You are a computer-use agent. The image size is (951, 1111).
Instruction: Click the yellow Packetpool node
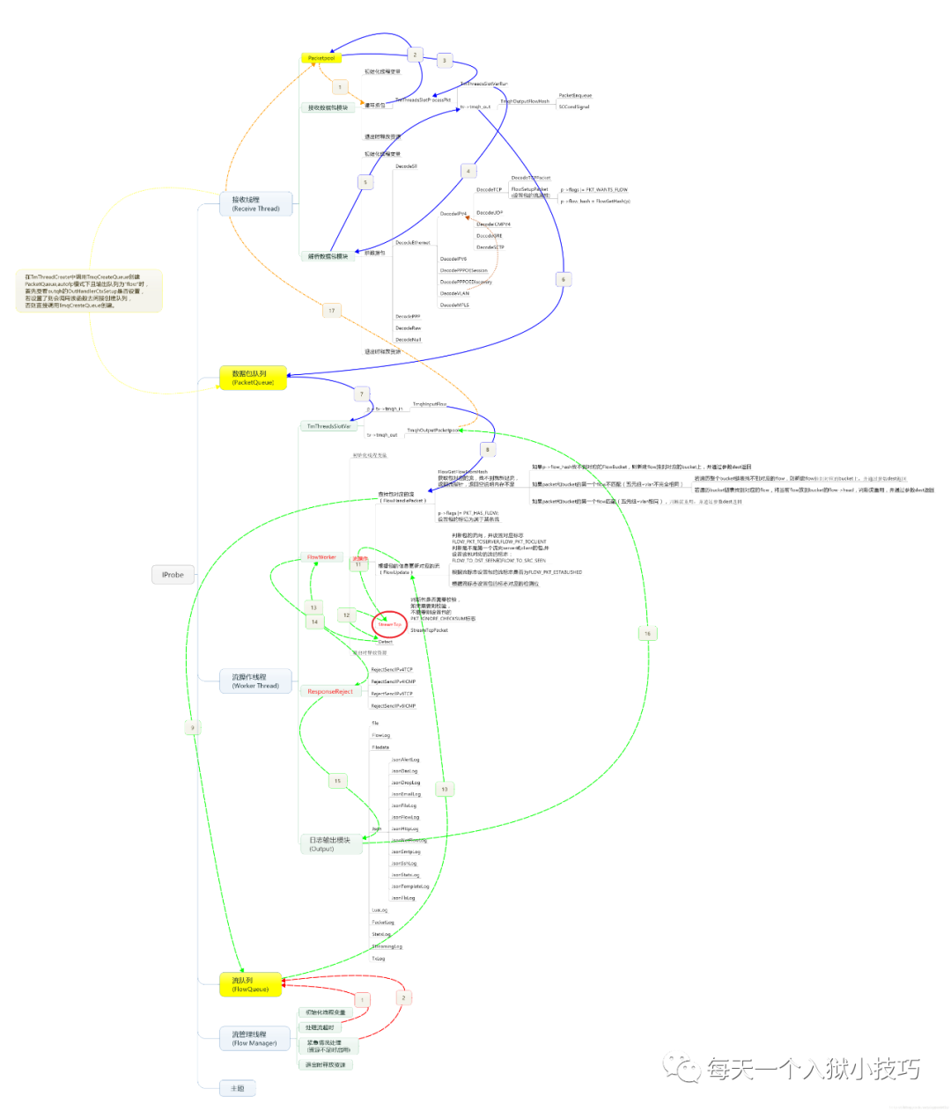click(321, 58)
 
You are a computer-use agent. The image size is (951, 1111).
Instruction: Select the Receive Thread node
click(255, 204)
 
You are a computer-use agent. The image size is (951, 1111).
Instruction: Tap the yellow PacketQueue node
click(253, 378)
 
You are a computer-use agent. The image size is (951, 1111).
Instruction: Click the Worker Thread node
click(255, 681)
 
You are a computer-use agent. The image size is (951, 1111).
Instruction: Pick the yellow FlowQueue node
click(250, 984)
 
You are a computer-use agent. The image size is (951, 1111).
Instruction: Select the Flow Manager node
click(254, 1038)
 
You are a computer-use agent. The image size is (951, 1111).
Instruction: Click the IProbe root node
click(173, 575)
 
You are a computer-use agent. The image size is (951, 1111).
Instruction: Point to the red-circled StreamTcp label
click(389, 624)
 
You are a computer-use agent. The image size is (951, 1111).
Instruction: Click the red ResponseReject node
click(329, 691)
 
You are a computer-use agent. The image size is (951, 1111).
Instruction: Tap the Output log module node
click(330, 844)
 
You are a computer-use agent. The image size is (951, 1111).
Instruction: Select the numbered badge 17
click(331, 310)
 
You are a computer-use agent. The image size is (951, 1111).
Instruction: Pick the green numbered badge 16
click(647, 633)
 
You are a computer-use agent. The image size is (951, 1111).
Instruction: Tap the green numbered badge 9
click(193, 727)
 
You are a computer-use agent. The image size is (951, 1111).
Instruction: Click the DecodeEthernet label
click(412, 242)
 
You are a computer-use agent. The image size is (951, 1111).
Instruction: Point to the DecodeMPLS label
click(454, 305)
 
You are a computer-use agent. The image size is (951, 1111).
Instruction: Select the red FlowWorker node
click(321, 557)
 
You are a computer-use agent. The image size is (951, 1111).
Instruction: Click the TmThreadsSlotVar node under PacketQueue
click(328, 426)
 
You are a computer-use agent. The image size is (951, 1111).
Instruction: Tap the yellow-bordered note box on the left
click(89, 291)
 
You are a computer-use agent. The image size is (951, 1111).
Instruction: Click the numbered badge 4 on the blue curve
click(468, 171)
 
